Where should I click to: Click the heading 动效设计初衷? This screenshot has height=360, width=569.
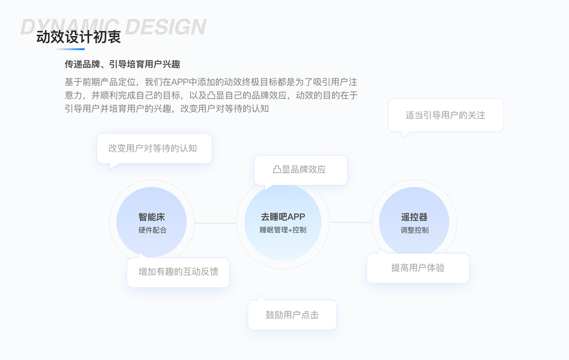pyautogui.click(x=79, y=37)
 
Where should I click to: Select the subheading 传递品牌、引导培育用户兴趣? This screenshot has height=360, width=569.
pyautogui.click(x=122, y=64)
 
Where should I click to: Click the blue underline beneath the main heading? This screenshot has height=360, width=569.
pyautogui.click(x=70, y=49)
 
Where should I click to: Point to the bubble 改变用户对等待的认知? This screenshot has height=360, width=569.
pyautogui.click(x=154, y=148)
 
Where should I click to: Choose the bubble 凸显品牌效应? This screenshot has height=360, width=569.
pyautogui.click(x=300, y=170)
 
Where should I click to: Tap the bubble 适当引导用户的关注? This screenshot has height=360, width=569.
pyautogui.click(x=445, y=115)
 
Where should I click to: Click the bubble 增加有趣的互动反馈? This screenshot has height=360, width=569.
pyautogui.click(x=178, y=272)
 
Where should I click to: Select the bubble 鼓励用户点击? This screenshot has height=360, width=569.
pyautogui.click(x=292, y=315)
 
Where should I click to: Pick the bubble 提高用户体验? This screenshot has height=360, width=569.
pyautogui.click(x=418, y=268)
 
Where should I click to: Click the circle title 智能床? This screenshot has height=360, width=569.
pyautogui.click(x=152, y=217)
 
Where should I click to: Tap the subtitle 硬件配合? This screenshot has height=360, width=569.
pyautogui.click(x=152, y=230)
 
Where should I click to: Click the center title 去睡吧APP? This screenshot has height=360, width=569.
pyautogui.click(x=283, y=217)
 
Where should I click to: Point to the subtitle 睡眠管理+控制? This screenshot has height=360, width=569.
pyautogui.click(x=283, y=230)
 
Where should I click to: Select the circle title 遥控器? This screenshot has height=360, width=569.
pyautogui.click(x=414, y=217)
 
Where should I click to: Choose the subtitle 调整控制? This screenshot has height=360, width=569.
pyautogui.click(x=414, y=230)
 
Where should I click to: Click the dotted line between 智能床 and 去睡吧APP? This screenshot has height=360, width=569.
pyautogui.click(x=215, y=223)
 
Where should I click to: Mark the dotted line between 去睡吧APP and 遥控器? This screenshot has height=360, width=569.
pyautogui.click(x=351, y=223)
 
